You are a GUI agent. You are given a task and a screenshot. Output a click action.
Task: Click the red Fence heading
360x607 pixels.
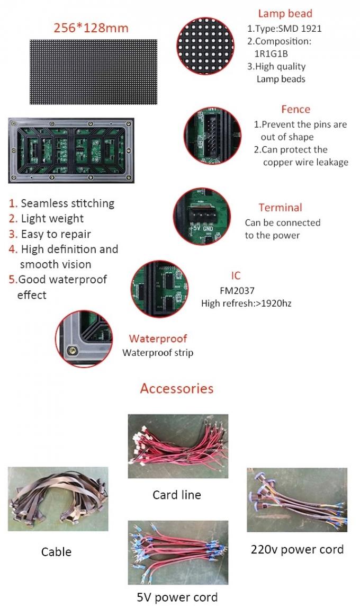[x=295, y=109]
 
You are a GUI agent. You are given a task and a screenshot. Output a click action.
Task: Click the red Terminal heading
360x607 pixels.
[x=280, y=208]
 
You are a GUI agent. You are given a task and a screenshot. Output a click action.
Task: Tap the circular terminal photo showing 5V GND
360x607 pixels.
[x=203, y=217]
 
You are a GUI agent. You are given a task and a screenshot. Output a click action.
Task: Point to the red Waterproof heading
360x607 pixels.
[x=158, y=339]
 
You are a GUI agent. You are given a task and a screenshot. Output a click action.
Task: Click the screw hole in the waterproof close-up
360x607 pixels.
[x=70, y=351]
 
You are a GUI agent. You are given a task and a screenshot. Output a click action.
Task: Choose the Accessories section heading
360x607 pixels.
[x=177, y=388]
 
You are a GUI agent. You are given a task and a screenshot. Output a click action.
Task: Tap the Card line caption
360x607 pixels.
[x=177, y=495]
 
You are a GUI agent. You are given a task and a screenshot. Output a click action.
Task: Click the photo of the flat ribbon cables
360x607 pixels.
[x=58, y=499]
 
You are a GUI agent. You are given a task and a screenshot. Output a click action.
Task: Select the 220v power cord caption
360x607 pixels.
[x=297, y=549]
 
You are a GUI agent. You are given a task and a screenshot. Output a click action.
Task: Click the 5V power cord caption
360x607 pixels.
[x=177, y=597]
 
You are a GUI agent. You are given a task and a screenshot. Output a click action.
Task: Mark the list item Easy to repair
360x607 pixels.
[x=56, y=234]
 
